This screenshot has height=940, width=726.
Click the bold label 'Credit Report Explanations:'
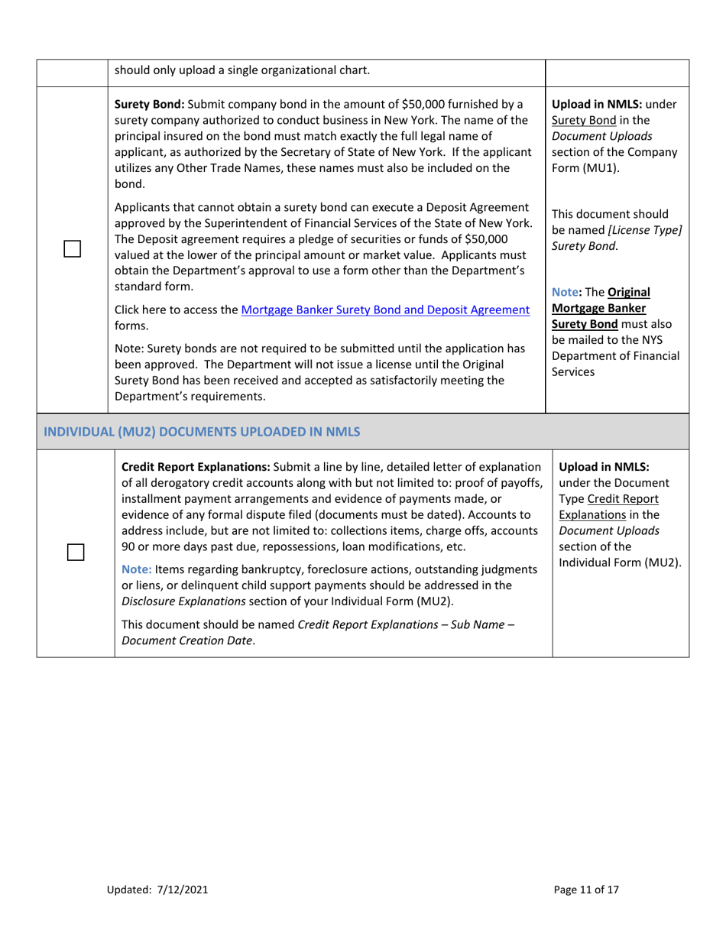195,466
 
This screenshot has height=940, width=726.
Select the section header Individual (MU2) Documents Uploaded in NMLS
202,432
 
